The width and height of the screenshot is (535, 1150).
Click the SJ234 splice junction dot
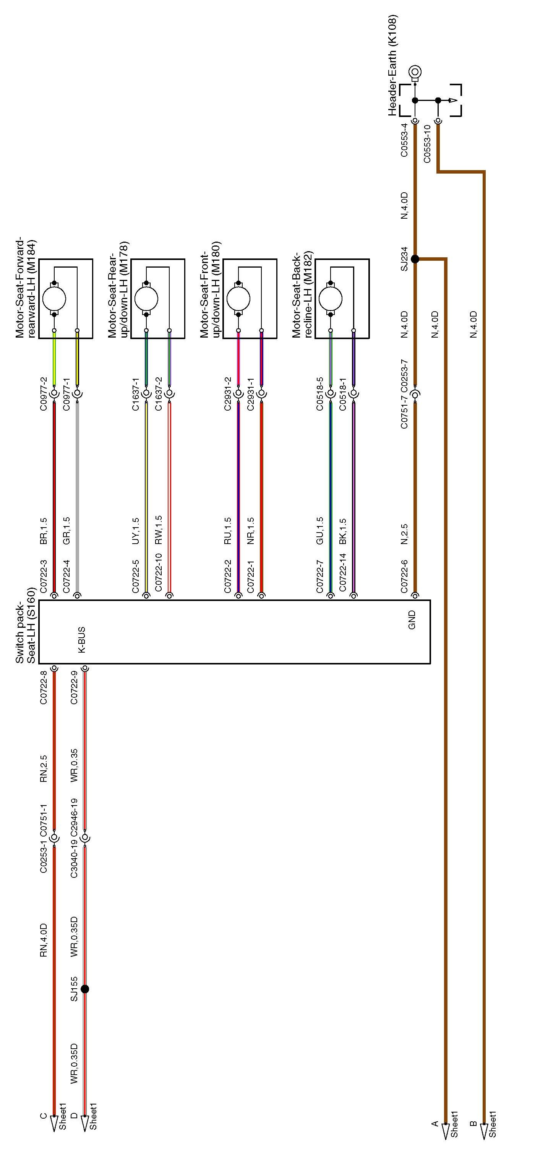pos(415,259)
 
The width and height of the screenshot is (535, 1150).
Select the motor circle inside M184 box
pos(54,299)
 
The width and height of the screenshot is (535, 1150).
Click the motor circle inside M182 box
pos(331,299)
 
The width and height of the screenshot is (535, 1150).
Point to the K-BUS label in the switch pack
pos(82,640)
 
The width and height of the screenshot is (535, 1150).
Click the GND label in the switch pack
pos(412,620)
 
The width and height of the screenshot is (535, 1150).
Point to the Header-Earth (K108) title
pos(393,66)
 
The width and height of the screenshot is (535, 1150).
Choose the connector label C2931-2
pos(227,394)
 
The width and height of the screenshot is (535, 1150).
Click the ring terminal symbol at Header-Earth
pos(415,71)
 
